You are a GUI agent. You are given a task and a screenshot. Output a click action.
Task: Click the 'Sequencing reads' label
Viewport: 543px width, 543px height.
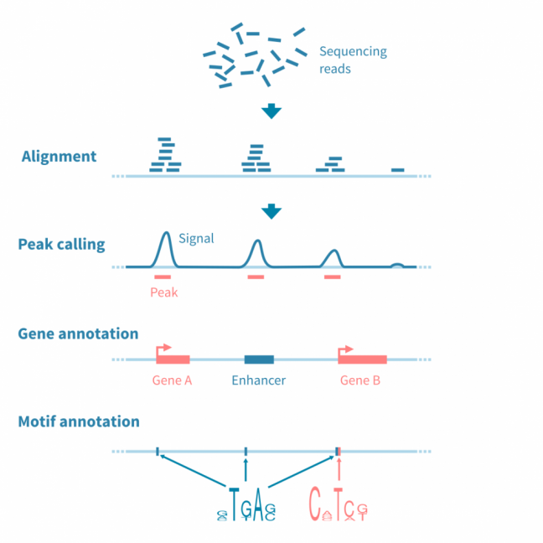(x=353, y=59)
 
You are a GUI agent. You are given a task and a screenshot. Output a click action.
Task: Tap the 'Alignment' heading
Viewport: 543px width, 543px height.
(x=59, y=156)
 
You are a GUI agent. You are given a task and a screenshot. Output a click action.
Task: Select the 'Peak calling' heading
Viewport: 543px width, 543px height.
(x=61, y=245)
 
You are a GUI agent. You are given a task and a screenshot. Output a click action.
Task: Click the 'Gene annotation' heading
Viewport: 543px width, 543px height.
(x=78, y=334)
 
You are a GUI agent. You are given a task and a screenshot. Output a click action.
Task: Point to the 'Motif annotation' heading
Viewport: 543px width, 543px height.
(x=79, y=421)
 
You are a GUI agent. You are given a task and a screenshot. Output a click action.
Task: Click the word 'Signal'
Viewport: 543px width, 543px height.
(x=196, y=238)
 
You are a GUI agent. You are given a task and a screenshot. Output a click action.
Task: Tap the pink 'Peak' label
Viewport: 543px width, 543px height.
(x=163, y=292)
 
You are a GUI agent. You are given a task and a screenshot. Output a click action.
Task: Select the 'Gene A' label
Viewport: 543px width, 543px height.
(x=173, y=380)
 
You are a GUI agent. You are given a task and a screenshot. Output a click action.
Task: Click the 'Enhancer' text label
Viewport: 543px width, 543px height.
(x=258, y=380)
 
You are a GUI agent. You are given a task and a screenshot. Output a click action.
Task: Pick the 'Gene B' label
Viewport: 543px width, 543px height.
(x=360, y=380)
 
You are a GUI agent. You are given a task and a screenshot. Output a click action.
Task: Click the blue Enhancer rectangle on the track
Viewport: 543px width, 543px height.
(x=259, y=359)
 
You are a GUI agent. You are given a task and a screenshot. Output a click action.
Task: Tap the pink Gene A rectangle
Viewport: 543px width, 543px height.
(x=173, y=359)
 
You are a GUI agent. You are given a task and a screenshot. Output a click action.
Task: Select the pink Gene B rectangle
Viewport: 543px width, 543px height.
(x=363, y=359)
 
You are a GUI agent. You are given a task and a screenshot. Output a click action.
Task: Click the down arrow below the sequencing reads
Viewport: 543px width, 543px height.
(x=271, y=111)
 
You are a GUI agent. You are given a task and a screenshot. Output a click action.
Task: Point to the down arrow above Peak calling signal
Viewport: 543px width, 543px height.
(x=271, y=212)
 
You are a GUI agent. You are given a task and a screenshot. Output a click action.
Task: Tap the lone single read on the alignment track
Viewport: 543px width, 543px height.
(x=397, y=170)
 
